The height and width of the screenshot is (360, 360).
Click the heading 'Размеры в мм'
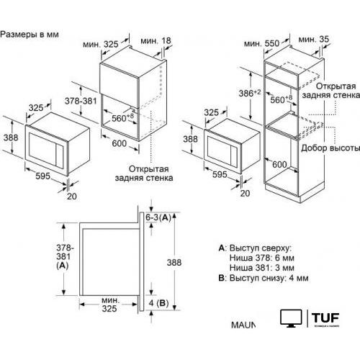[30, 34]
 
